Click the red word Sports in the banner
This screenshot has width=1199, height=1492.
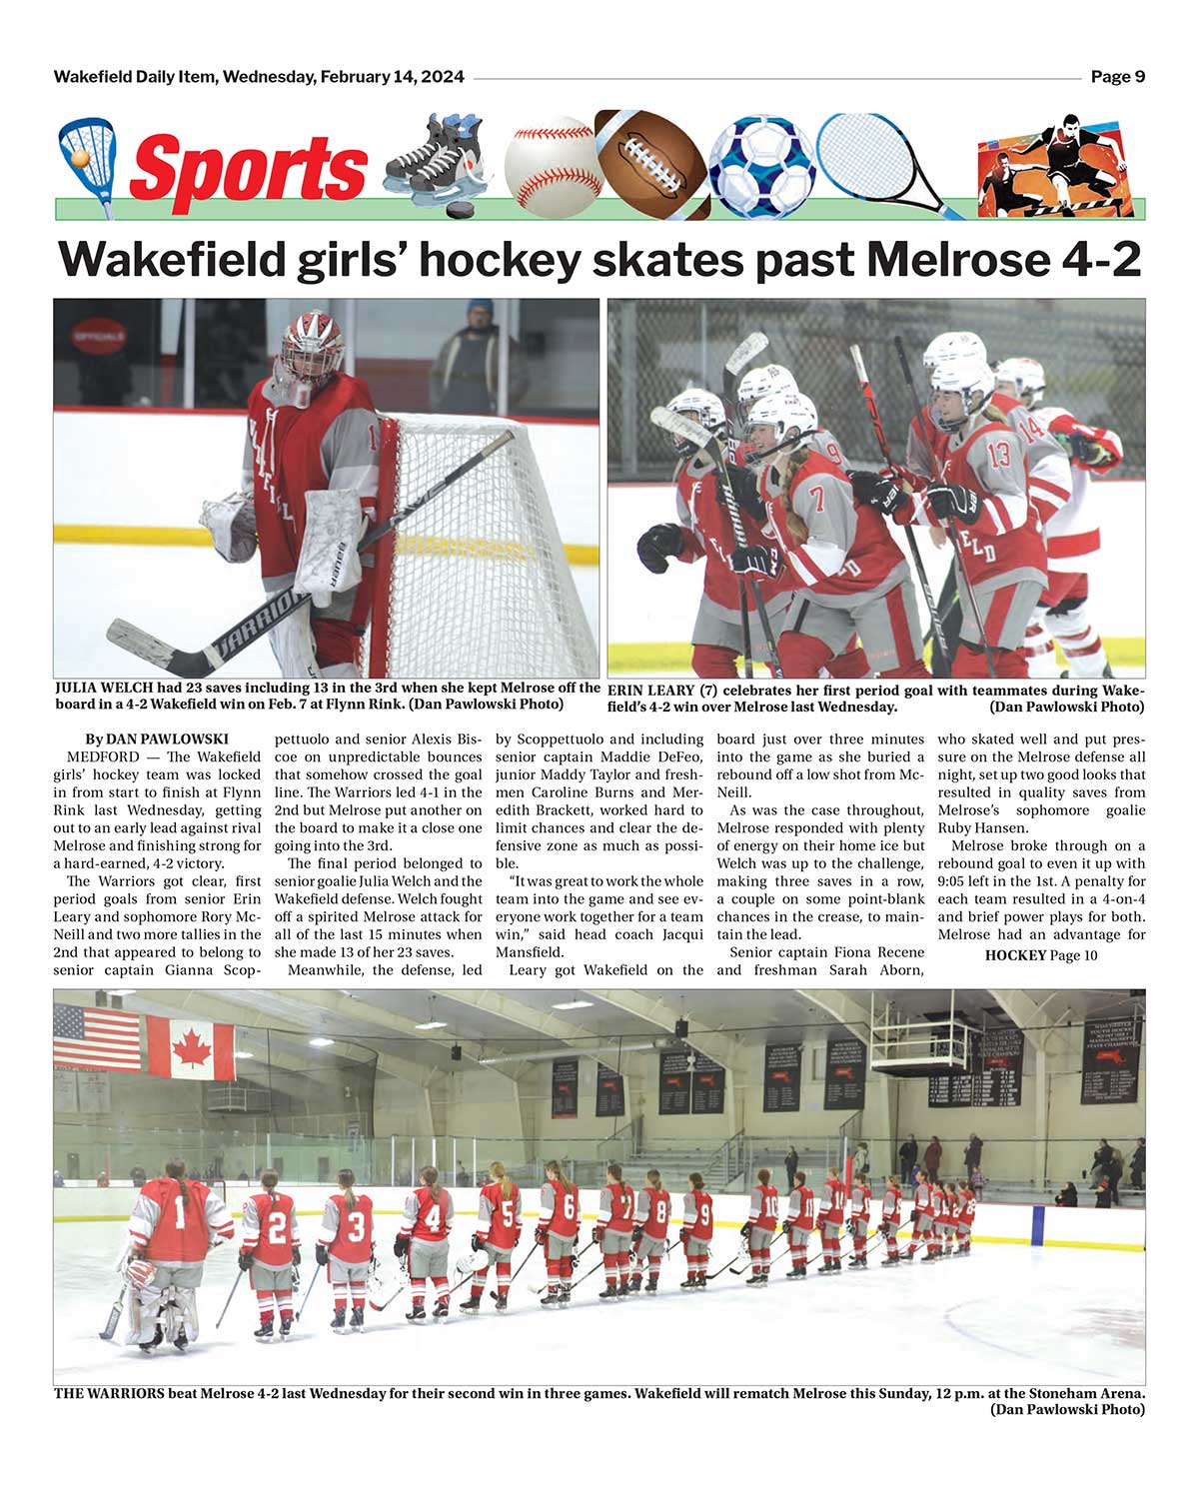tap(248, 167)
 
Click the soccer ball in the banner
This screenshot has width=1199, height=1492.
tap(761, 165)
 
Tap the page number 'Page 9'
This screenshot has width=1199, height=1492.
tap(1117, 77)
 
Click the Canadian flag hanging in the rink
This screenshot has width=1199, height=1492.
tap(190, 1046)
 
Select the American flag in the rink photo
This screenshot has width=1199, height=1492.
tap(97, 1037)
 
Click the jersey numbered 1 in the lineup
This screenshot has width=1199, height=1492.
tap(178, 1218)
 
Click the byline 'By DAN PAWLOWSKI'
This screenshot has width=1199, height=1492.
tap(157, 739)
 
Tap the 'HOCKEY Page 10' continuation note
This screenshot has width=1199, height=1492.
tap(1040, 955)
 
